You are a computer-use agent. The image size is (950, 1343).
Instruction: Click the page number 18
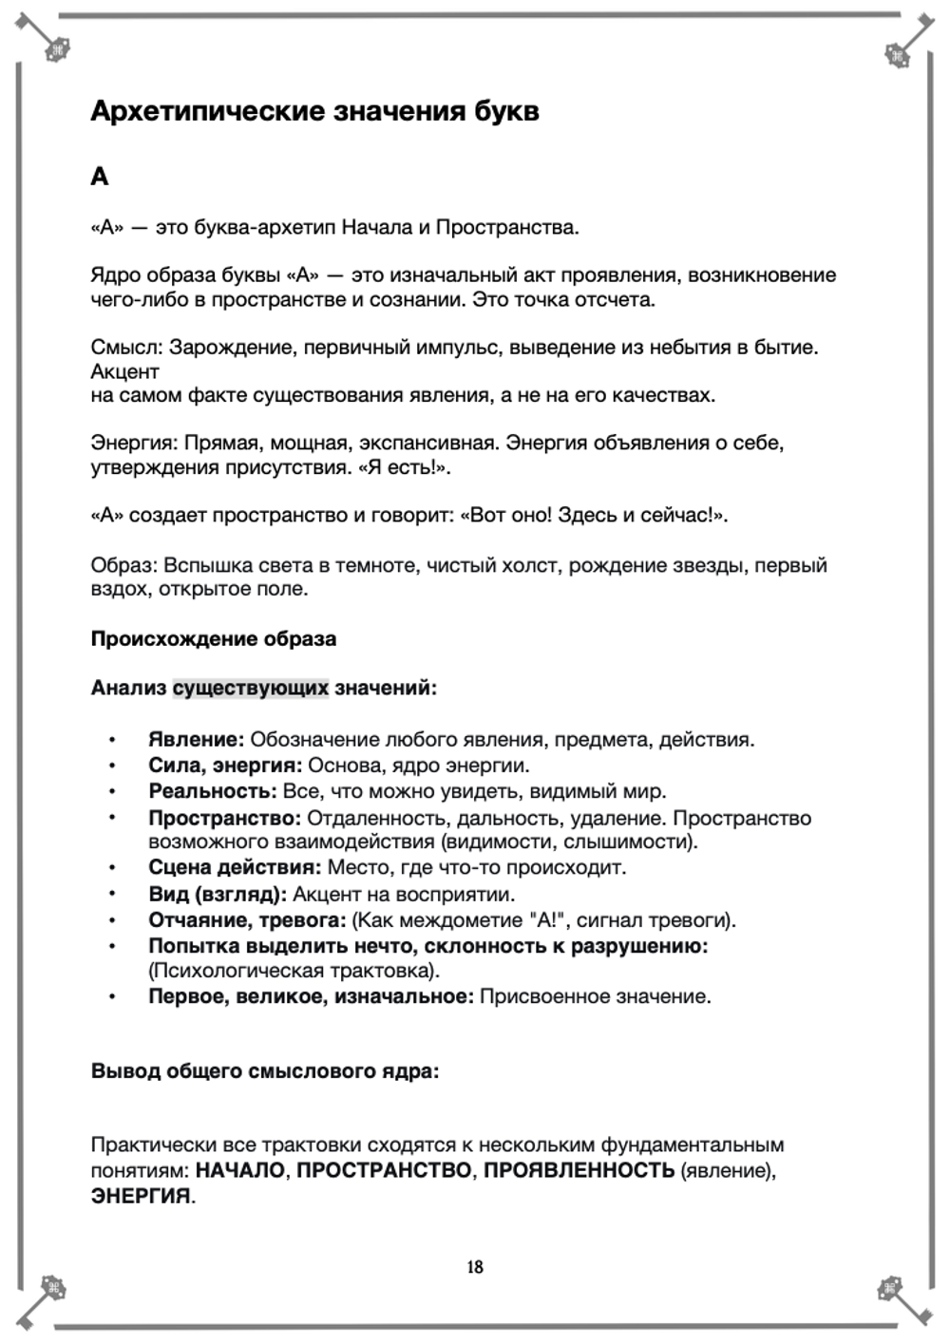[475, 1266]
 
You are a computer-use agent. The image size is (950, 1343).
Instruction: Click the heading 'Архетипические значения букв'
[314, 111]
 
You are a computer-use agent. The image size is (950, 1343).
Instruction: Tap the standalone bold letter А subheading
[100, 177]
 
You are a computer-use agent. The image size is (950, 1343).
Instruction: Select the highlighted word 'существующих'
[250, 688]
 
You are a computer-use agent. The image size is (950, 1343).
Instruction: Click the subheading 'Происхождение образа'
[213, 638]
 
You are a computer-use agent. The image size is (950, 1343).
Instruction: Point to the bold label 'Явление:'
[196, 739]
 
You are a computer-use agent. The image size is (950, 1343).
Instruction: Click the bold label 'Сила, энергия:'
[225, 766]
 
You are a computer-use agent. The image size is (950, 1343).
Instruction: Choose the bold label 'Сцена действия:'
[235, 867]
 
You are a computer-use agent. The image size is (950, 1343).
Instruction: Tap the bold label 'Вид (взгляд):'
[218, 894]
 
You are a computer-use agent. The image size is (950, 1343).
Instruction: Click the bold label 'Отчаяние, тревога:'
[247, 919]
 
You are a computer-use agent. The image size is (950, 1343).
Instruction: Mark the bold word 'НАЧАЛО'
[239, 1170]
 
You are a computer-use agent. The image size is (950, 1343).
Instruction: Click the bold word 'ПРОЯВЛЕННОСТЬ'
[579, 1170]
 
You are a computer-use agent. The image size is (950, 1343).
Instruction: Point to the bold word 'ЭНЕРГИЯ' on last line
[141, 1196]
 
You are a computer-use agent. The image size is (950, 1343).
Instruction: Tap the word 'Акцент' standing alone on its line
[124, 371]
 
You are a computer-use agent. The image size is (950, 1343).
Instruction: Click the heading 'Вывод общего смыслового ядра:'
[265, 1071]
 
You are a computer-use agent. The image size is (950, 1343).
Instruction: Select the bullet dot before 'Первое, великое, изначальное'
[112, 997]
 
